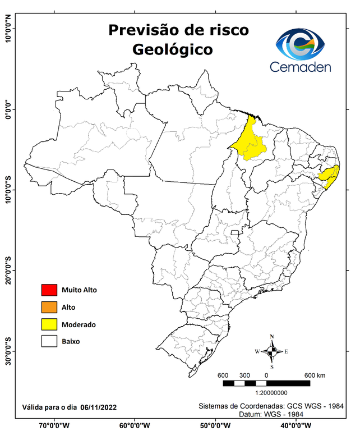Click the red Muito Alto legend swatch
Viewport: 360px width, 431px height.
[49, 290]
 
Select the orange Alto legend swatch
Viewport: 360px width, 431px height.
[49, 307]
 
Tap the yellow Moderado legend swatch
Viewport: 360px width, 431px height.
[49, 324]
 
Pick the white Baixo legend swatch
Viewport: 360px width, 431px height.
[49, 341]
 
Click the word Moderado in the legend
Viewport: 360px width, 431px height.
[79, 324]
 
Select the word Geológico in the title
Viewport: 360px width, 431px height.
[172, 49]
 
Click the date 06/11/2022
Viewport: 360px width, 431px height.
[99, 406]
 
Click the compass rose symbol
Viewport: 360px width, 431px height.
[271, 352]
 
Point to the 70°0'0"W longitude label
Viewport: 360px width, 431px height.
[54, 425]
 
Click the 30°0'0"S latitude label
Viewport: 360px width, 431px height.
[8, 351]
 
